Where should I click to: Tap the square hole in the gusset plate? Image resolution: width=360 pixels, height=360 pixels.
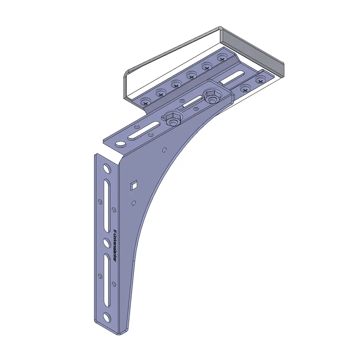(x=134, y=185)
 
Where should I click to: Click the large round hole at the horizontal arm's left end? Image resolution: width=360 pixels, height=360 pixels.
(x=121, y=144)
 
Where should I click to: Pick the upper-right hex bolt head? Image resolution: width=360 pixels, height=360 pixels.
(x=211, y=96)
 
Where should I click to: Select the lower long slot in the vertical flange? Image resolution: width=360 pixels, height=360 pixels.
(x=107, y=280)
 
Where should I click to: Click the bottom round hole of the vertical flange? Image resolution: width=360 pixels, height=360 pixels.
(x=107, y=317)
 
